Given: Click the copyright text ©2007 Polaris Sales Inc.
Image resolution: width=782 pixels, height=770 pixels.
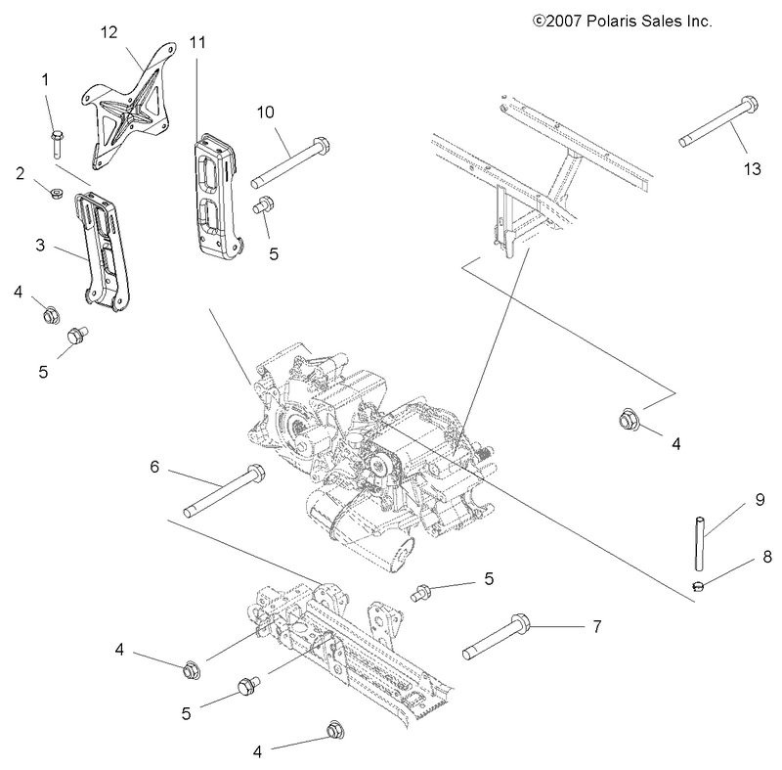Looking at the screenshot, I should click(621, 19).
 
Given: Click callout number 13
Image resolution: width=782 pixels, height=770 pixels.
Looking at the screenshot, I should click(751, 169).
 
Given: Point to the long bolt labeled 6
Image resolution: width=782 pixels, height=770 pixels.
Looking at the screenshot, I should click(224, 493).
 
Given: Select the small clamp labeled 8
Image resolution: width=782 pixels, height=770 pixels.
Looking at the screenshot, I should click(697, 587).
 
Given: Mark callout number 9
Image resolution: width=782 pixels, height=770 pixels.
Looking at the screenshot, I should click(759, 500).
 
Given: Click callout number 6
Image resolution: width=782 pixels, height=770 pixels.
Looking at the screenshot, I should click(154, 467).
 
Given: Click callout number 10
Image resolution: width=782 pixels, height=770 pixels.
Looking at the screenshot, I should click(266, 113).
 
